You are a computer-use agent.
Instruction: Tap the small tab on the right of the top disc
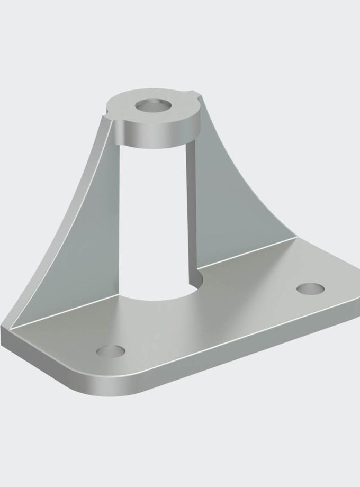[197, 96]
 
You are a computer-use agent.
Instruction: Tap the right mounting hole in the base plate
[311, 289]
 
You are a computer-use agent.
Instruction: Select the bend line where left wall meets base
[64, 318]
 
